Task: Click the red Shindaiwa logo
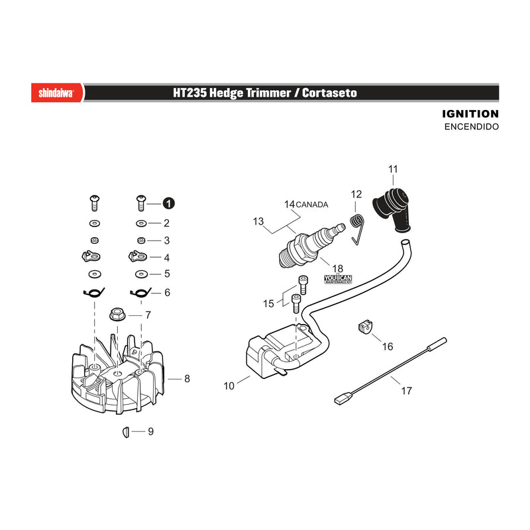57,93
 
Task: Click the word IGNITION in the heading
470,114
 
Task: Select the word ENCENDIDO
472,127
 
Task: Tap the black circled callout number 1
168,203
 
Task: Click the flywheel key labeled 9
126,432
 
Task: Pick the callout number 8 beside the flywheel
187,378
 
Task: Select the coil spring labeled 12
357,229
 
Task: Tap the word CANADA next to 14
311,205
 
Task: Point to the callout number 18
337,268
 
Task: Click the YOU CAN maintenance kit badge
338,279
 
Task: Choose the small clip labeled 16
364,327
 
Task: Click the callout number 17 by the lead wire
406,391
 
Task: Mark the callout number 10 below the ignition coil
229,386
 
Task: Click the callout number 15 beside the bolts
268,303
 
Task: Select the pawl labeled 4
138,256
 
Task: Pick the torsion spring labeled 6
140,292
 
